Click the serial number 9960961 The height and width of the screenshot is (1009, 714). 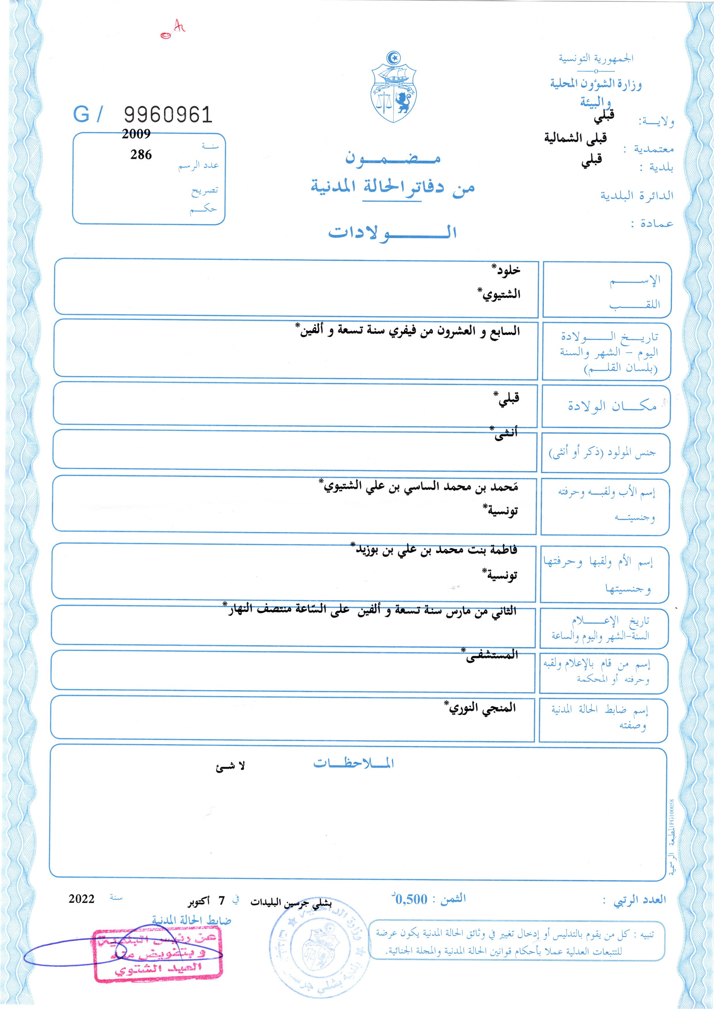point(168,115)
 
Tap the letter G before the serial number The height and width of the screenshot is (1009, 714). point(82,115)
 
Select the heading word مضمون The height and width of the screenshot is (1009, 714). point(392,158)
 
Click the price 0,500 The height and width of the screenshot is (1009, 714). point(412,899)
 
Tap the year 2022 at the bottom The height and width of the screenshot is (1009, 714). point(81,898)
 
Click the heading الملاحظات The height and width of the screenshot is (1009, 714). point(353,763)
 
